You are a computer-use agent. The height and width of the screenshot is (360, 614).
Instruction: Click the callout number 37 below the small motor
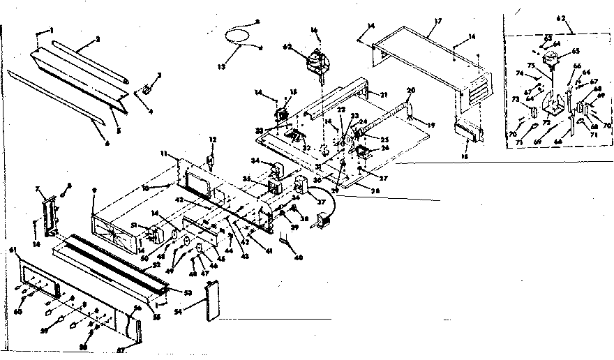pyautogui.click(x=322, y=204)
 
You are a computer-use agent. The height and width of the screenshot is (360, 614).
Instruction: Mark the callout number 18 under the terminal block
pyautogui.click(x=465, y=158)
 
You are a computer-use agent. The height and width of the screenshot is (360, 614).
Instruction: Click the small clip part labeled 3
pyautogui.click(x=147, y=89)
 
